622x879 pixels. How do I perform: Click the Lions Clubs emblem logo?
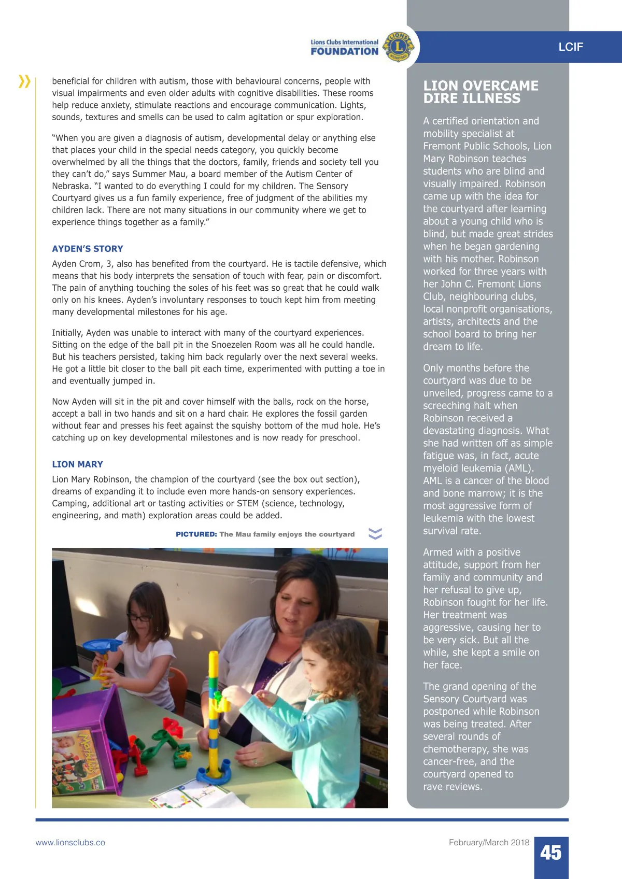point(398,47)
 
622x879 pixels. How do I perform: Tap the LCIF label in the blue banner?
point(571,47)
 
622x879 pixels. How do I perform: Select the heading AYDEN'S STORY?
point(88,249)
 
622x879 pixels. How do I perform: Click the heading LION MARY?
point(77,464)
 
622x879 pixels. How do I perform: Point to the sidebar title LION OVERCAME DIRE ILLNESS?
point(480,92)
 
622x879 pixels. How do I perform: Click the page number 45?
point(550,853)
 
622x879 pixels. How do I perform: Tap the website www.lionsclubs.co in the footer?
point(70,843)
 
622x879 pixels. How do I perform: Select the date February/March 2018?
point(489,843)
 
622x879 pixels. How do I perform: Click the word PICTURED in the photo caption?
point(196,534)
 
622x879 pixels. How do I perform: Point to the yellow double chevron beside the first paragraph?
point(24,81)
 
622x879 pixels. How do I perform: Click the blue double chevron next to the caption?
point(375,534)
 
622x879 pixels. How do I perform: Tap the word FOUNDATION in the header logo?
point(345,51)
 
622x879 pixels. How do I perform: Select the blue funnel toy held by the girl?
point(103,646)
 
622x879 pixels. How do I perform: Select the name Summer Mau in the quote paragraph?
point(158,174)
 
